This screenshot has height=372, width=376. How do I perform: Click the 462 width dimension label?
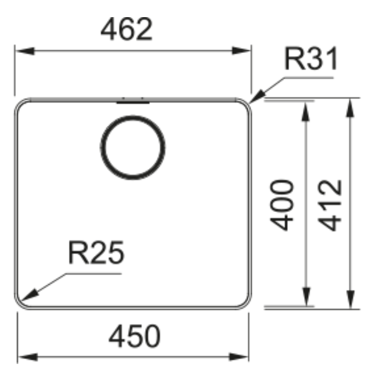126,29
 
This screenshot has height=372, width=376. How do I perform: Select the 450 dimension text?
134,336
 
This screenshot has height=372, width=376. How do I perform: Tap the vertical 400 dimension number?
282,205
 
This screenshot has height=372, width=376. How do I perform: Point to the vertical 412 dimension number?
329,205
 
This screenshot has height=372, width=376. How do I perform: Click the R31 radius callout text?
311,58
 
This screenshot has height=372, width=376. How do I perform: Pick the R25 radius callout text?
96,253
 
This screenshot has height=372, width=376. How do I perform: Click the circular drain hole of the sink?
133,147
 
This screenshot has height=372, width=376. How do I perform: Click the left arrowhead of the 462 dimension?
25,51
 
